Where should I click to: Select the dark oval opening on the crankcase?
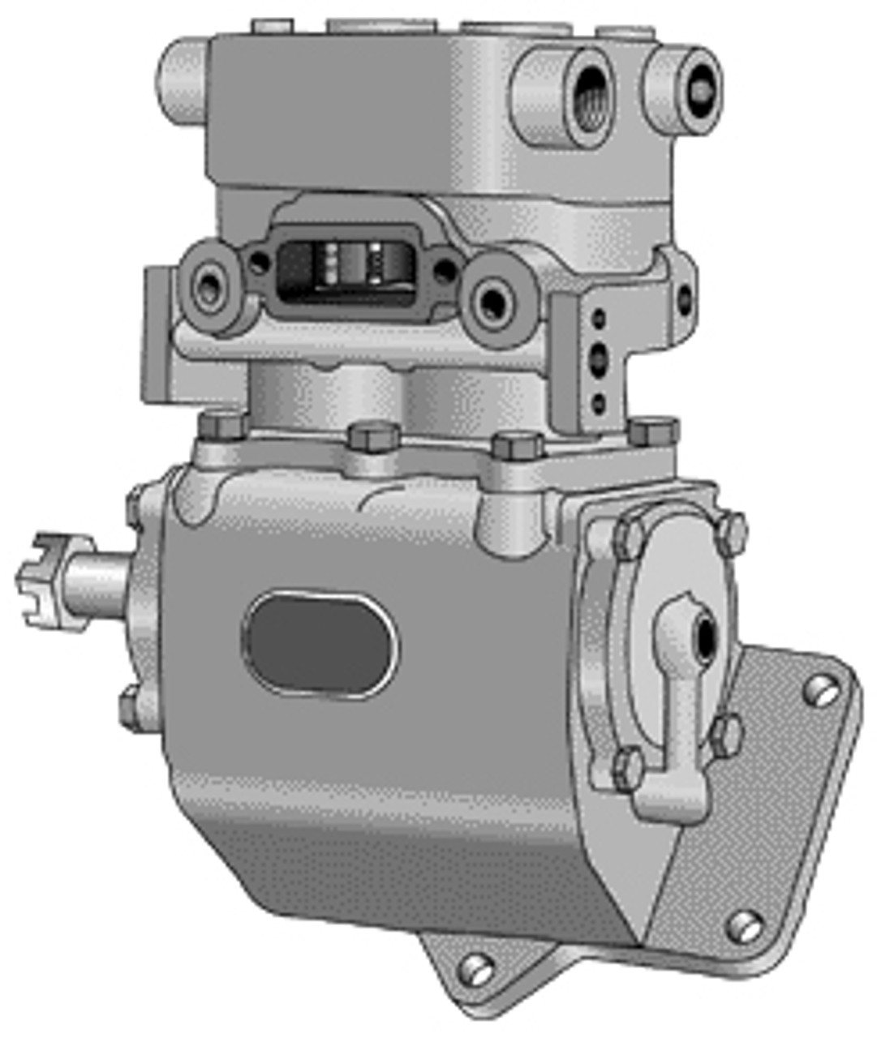(x=321, y=644)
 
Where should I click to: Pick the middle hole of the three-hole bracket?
(x=600, y=355)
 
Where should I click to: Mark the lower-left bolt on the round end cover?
(x=627, y=766)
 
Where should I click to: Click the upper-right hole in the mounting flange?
(x=819, y=692)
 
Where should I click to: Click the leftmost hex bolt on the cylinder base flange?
(x=221, y=426)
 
